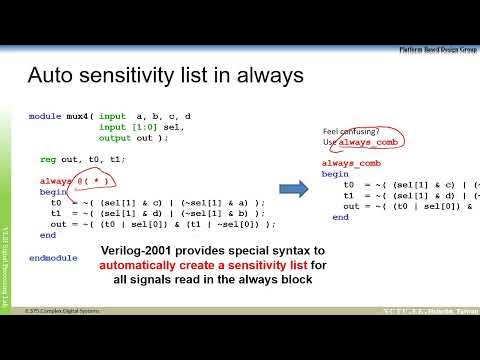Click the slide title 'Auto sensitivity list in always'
(164, 76)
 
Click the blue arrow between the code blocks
(291, 188)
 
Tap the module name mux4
(79, 117)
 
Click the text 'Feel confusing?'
(350, 131)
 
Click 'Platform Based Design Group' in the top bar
(437, 48)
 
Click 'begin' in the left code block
(52, 191)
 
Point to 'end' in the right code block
(341, 216)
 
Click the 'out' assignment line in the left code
(160, 224)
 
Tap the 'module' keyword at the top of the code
(45, 117)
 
